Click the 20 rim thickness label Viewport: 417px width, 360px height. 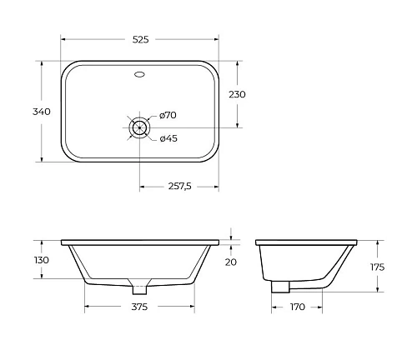click(x=231, y=261)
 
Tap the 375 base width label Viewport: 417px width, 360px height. click(x=140, y=307)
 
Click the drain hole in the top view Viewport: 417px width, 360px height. click(x=139, y=127)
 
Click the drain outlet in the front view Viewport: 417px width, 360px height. click(x=139, y=287)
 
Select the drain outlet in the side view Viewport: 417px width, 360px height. click(x=280, y=285)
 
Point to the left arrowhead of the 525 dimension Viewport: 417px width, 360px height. click(x=63, y=37)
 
